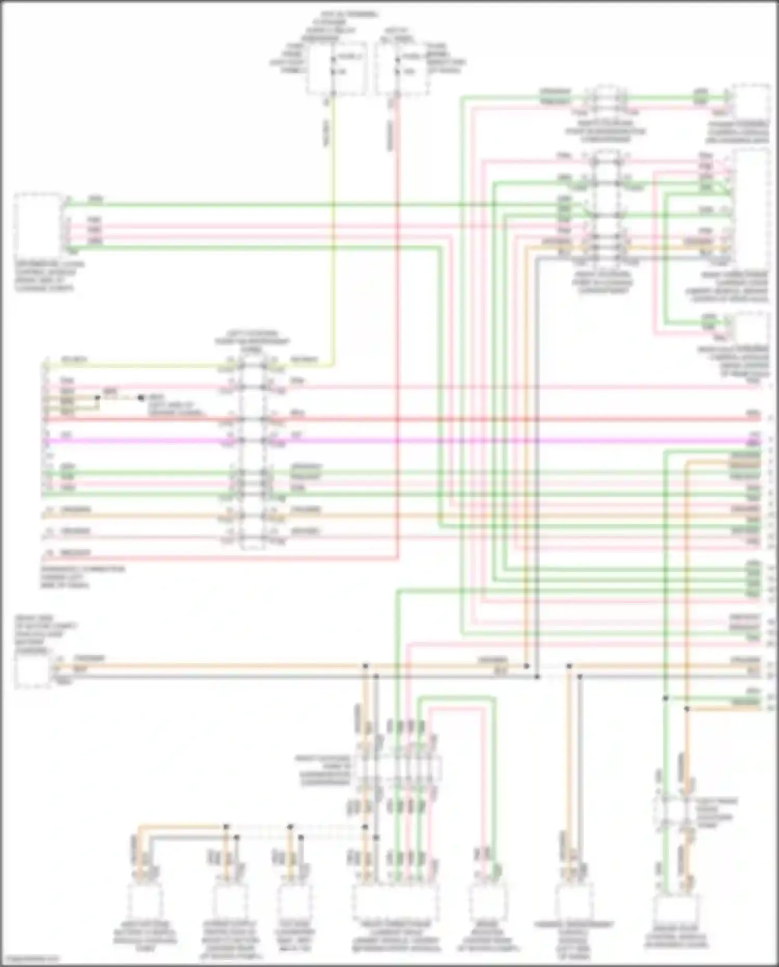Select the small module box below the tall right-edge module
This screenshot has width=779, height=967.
coord(750,327)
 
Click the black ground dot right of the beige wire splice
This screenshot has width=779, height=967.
coord(141,398)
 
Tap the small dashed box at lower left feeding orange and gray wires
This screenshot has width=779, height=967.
coord(32,670)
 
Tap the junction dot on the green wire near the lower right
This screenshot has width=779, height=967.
coord(665,698)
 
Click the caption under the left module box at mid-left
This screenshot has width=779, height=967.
coord(49,276)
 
